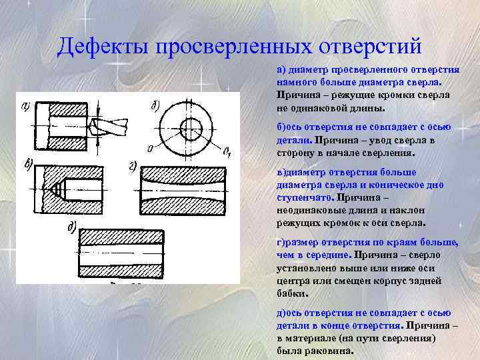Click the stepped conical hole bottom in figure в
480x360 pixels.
click(x=59, y=189)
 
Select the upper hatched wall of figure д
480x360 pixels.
click(x=121, y=238)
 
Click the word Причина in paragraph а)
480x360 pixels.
click(x=295, y=95)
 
